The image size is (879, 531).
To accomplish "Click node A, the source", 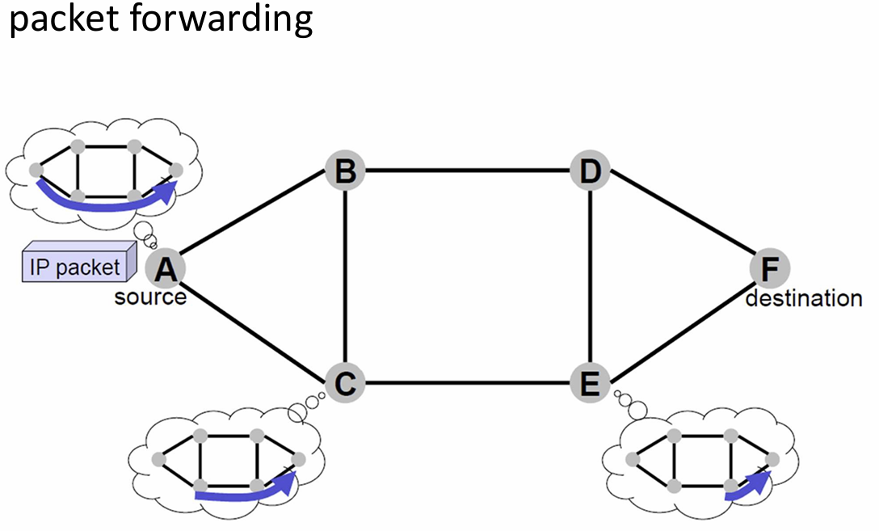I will pos(166,268).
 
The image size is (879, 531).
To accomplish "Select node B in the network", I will pos(345,171).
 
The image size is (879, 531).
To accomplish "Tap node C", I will pos(345,381).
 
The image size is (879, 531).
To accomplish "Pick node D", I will pos(591,171).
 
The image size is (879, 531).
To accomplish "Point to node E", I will pos(591,381).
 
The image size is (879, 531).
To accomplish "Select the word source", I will pos(150,297).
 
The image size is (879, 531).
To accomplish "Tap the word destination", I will pos(803,298).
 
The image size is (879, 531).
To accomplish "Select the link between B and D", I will pos(468,171).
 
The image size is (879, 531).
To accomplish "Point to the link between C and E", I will pos(468,381).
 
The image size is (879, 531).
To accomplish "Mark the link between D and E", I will pos(591,276).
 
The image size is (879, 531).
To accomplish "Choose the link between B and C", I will pos(345,276).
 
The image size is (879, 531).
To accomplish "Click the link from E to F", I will pos(679,325).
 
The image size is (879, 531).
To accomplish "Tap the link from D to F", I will pos(679,219).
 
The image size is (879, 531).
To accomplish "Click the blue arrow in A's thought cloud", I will pos(105,202).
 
